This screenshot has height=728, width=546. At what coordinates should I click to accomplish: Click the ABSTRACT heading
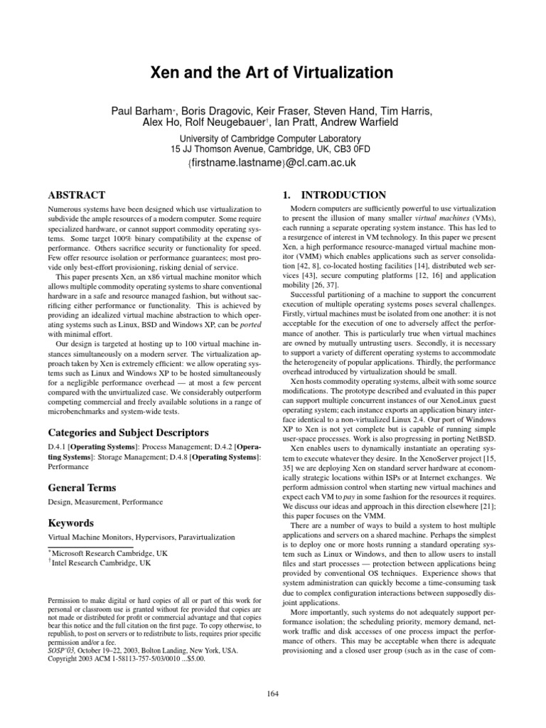(76, 195)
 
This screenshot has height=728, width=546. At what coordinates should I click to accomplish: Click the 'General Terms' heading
(81, 488)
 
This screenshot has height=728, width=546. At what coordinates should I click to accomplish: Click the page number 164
(273, 693)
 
